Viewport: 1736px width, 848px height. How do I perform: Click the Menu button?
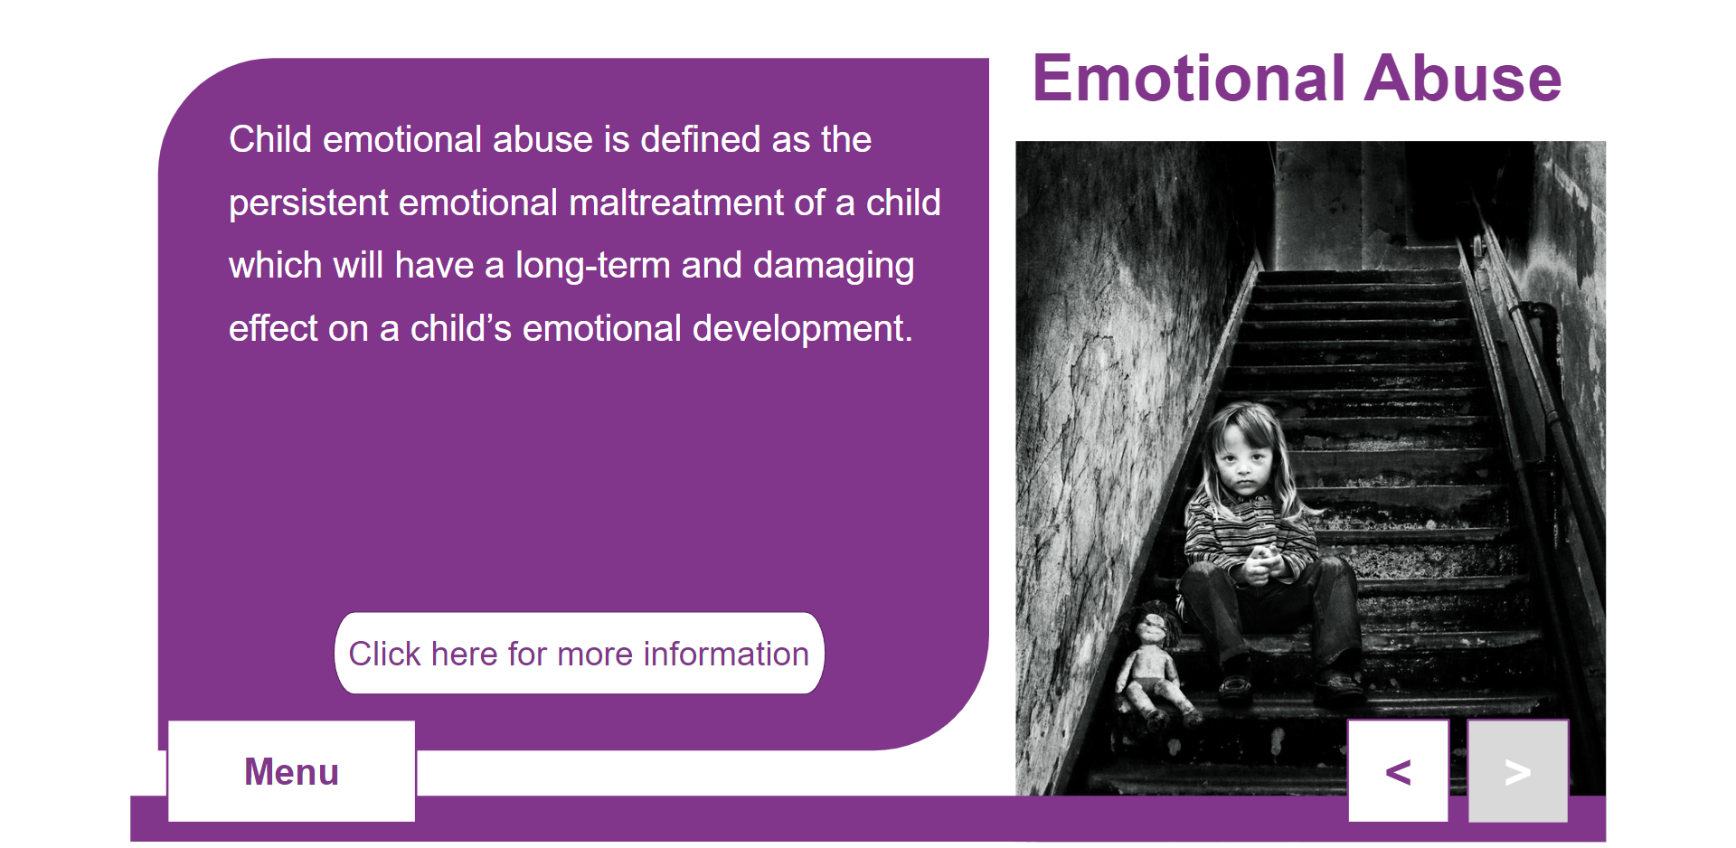[x=291, y=771]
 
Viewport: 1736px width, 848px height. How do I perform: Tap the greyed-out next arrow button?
[x=1518, y=771]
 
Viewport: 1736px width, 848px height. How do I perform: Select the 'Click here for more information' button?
[x=580, y=654]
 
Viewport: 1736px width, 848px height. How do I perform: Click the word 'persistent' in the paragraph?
[x=308, y=203]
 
